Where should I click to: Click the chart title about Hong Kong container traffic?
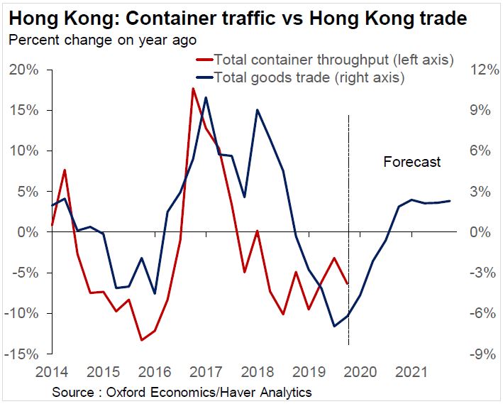pyautogui.click(x=238, y=18)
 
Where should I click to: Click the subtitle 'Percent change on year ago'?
pyautogui.click(x=102, y=40)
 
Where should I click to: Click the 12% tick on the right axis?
pyautogui.click(x=476, y=70)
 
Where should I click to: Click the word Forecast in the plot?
pyautogui.click(x=412, y=162)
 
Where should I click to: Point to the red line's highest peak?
pyautogui.click(x=193, y=89)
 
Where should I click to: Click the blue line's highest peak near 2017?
pyautogui.click(x=206, y=97)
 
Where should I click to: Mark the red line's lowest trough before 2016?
pyautogui.click(x=142, y=340)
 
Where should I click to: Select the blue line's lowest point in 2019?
pyautogui.click(x=334, y=326)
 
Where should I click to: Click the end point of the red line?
pyautogui.click(x=348, y=283)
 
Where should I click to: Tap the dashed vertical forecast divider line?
pyautogui.click(x=348, y=213)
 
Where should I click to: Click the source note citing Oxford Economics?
pyautogui.click(x=182, y=392)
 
